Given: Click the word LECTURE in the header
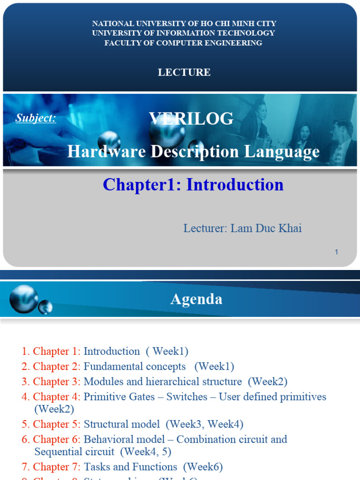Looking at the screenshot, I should coord(184,72).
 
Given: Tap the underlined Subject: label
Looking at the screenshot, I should coord(36,118).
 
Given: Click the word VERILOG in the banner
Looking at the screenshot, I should coord(191,119).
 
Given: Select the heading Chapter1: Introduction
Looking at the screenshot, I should coord(193,185).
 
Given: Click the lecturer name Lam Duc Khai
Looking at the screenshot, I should coord(266,228).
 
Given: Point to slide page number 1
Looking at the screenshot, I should coord(336,252).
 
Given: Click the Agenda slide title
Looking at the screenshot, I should coord(196,299).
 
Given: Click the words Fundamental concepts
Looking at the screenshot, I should coord(135,366).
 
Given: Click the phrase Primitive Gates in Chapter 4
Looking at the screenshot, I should coord(119,397).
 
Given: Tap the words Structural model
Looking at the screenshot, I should coord(121,424).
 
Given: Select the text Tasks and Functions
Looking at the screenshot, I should coord(130,467).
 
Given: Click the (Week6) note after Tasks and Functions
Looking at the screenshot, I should coord(203,467).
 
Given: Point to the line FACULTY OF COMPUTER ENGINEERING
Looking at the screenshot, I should coord(183,43).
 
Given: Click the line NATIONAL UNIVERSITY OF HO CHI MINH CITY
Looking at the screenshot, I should coord(184,23).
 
